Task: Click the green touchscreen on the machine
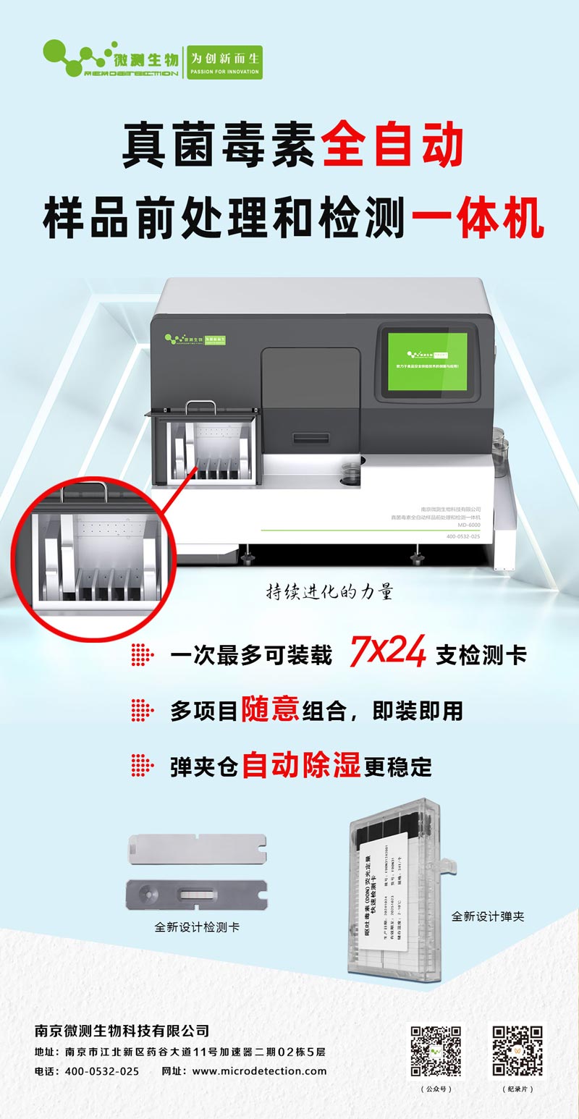(427, 360)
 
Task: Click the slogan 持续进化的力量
(329, 591)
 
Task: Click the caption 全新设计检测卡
(197, 926)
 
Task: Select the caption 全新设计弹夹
(488, 916)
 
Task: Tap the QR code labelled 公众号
(436, 1050)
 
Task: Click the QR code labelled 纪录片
(517, 1050)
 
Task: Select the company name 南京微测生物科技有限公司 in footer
(122, 1030)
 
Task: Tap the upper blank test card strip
(196, 845)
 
